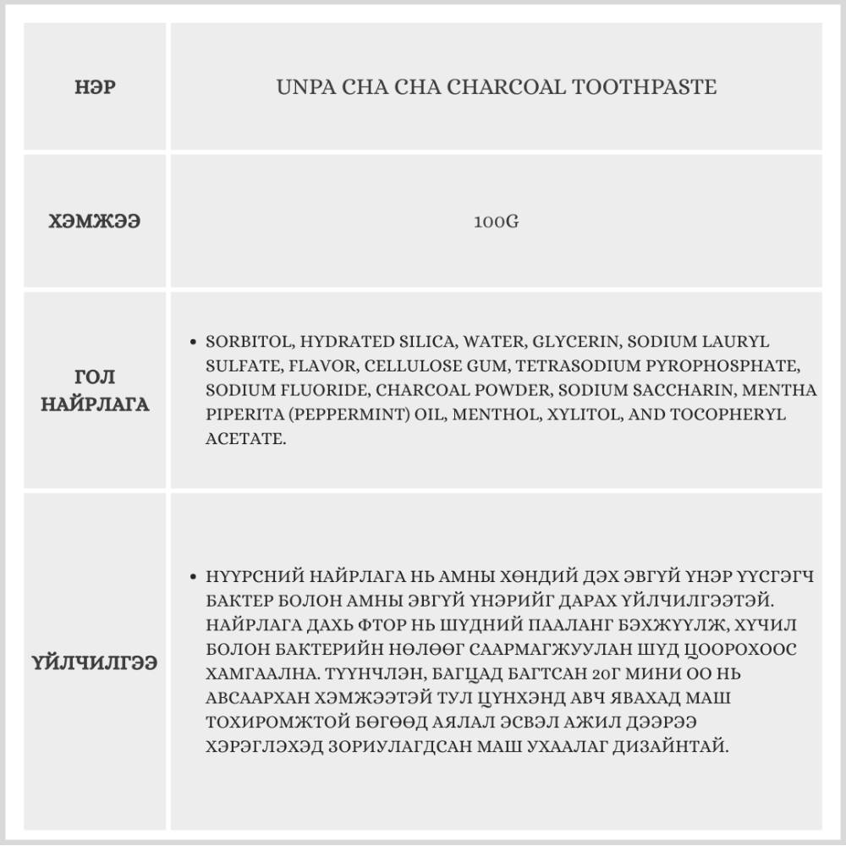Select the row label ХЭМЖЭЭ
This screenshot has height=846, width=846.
[x=95, y=222]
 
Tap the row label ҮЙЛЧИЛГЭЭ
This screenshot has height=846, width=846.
[x=95, y=663]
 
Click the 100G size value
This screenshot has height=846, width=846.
[x=496, y=223]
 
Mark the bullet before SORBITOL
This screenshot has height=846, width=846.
[x=194, y=343]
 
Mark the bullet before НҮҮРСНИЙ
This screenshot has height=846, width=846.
[x=194, y=577]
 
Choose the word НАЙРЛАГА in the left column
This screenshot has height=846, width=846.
[x=95, y=404]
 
